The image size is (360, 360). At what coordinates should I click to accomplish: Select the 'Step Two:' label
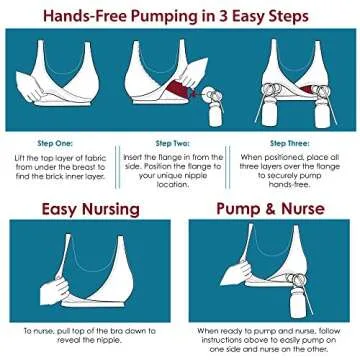pos(174,144)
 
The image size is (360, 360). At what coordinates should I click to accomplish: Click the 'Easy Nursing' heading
pos(89,211)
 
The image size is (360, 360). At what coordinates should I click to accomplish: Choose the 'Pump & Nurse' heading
pos(270,211)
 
